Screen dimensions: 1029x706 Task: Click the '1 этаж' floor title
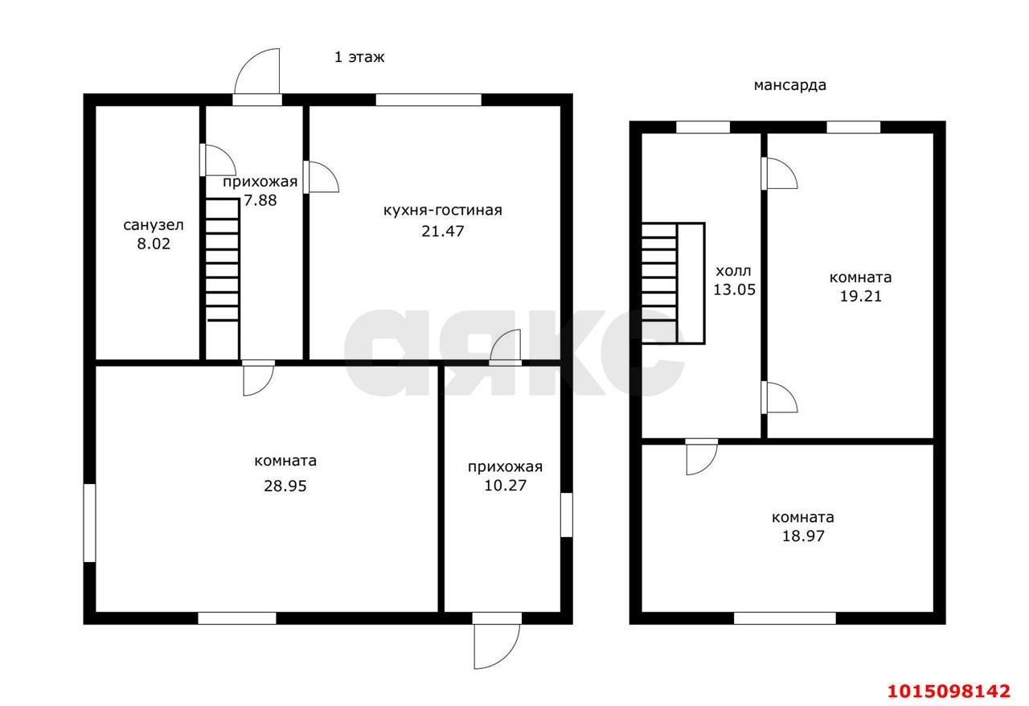pyautogui.click(x=359, y=57)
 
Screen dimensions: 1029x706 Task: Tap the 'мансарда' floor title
pyautogui.click(x=789, y=85)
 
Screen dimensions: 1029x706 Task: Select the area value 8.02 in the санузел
pyautogui.click(x=154, y=244)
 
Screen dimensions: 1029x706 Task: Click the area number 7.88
pyautogui.click(x=260, y=200)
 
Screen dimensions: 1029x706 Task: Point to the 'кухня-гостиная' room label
pyautogui.click(x=442, y=211)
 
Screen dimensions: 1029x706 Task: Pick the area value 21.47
pyautogui.click(x=442, y=231)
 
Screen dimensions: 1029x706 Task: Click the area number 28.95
pyautogui.click(x=285, y=486)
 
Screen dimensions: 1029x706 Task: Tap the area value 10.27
pyautogui.click(x=505, y=486)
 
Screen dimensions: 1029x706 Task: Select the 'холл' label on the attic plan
pyautogui.click(x=733, y=271)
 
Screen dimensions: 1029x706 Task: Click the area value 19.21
pyautogui.click(x=860, y=296)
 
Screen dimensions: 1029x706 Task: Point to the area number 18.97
pyautogui.click(x=803, y=536)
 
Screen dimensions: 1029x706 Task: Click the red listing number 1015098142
pyautogui.click(x=949, y=691)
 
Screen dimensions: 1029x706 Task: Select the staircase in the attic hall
pyautogui.click(x=673, y=283)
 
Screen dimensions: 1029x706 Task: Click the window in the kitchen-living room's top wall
pyautogui.click(x=428, y=100)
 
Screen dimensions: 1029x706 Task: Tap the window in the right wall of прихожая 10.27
pyautogui.click(x=567, y=515)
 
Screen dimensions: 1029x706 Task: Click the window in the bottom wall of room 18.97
pyautogui.click(x=785, y=618)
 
